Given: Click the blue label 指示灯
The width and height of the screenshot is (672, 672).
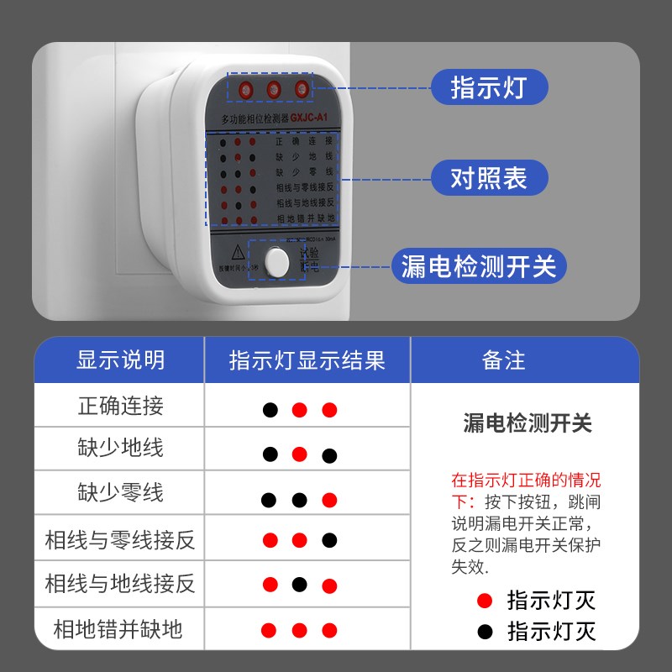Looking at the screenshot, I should pos(488,87).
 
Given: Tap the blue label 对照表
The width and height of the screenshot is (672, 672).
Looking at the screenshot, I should pos(488,178).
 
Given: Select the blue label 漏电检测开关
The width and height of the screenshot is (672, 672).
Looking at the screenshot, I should pos(479,267).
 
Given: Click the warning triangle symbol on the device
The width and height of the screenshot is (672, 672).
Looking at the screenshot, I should pos(238,250).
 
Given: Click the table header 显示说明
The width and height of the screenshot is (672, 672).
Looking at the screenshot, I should pos(120,360).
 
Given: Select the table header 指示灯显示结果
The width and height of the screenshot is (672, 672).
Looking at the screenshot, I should pos(307,360).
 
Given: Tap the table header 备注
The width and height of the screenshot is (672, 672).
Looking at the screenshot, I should pos(504,360).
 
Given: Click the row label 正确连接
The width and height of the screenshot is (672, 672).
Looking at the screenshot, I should pos(120,407).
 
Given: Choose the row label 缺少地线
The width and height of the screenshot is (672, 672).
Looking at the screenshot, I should pos(120,448).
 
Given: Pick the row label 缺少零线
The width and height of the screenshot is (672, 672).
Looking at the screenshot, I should pos(120,492).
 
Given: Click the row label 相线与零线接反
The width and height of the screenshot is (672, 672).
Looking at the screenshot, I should pos(120,539).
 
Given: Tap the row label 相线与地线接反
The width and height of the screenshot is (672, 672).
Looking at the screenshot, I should pos(120,584).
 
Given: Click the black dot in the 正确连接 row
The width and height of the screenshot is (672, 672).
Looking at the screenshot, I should pos(270,411).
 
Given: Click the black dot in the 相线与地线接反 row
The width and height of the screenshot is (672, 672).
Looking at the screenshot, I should pos(299,585).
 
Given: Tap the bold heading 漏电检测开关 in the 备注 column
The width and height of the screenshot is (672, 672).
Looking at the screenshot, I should pos(528,423).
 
